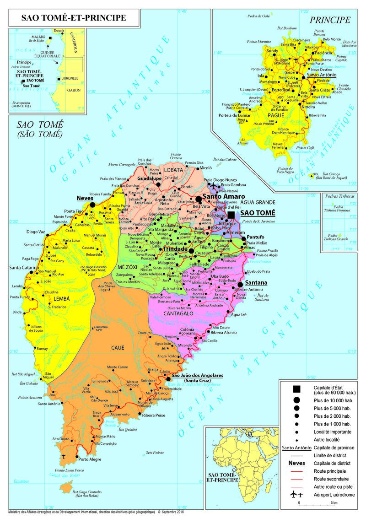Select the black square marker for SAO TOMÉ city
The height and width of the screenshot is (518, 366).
point(231,215)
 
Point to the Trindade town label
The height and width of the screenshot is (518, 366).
point(175,248)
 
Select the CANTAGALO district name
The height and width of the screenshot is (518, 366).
point(178,313)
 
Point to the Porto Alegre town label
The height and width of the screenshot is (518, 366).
point(90,459)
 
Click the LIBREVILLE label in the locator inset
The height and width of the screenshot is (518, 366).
point(70,79)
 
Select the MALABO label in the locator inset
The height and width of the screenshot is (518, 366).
point(38,36)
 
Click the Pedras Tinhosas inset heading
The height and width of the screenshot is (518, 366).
point(339,196)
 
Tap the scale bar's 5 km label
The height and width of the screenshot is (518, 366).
point(334,502)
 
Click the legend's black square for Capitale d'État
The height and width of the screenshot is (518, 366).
point(296,389)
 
